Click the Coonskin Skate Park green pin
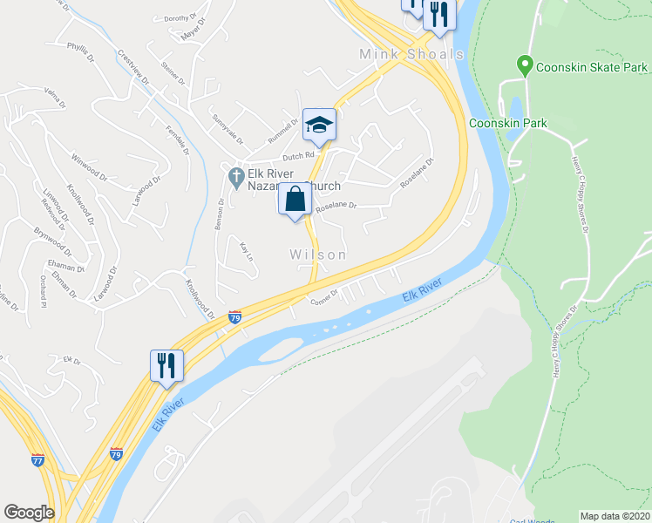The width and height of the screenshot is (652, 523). pyautogui.click(x=525, y=65)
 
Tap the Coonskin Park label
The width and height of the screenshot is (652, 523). pyautogui.click(x=508, y=123)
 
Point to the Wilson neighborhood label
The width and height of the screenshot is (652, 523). pyautogui.click(x=318, y=255)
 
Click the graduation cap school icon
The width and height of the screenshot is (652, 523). pyautogui.click(x=319, y=125)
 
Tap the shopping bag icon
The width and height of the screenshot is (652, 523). pyautogui.click(x=295, y=200)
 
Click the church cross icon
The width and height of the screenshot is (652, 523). pyautogui.click(x=235, y=177)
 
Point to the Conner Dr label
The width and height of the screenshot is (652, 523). pyautogui.click(x=323, y=298)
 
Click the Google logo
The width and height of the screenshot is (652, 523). pyautogui.click(x=29, y=513)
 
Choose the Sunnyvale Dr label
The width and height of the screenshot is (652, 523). pyautogui.click(x=226, y=128)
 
